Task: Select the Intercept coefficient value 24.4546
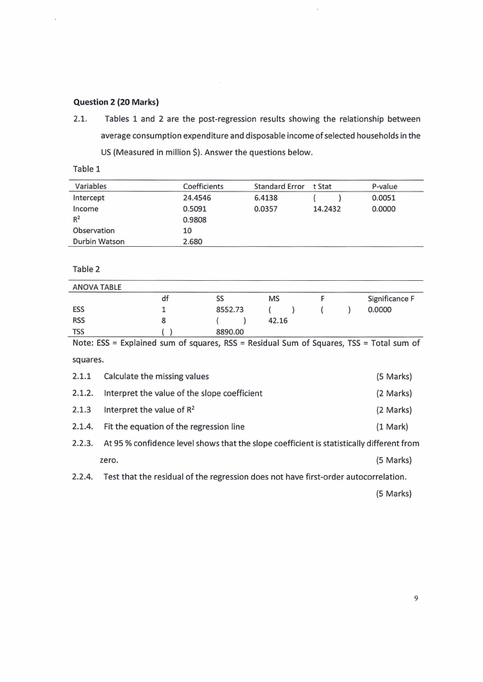click(197, 198)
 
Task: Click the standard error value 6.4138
click(266, 198)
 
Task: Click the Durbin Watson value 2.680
click(193, 241)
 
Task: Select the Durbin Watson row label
click(99, 241)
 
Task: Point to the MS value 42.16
click(277, 320)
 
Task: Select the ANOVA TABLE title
click(97, 287)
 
